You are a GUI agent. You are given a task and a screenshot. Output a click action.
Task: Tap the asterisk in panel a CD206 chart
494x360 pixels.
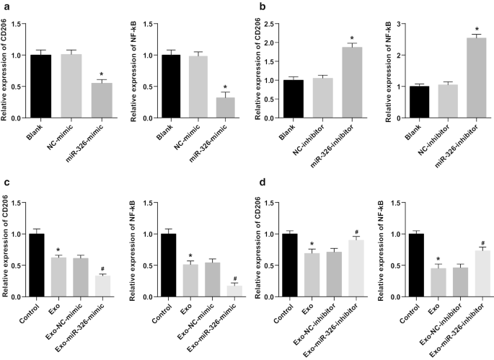[x=102, y=74]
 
